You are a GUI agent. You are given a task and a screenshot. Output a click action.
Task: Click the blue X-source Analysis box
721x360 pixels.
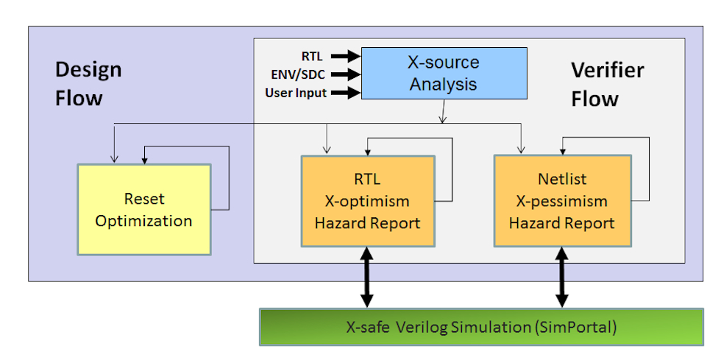pyautogui.click(x=443, y=73)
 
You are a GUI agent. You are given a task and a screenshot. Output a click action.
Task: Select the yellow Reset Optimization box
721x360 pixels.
pyautogui.click(x=143, y=209)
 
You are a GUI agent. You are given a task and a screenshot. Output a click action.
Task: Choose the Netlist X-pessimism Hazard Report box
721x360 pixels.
pyautogui.click(x=562, y=201)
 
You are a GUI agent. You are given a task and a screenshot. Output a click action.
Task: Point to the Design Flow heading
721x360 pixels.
pyautogui.click(x=88, y=84)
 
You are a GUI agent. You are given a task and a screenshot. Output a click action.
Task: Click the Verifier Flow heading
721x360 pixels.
pyautogui.click(x=607, y=84)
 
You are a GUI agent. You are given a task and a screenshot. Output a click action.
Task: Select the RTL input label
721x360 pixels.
pyautogui.click(x=312, y=55)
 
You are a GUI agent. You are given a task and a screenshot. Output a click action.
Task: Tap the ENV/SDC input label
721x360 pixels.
pyautogui.click(x=298, y=74)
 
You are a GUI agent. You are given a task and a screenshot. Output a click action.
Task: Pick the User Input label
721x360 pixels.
pyautogui.click(x=296, y=93)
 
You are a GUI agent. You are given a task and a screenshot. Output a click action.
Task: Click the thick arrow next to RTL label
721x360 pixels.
pyautogui.click(x=345, y=55)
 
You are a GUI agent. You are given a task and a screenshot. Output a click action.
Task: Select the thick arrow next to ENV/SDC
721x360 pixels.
pyautogui.click(x=345, y=74)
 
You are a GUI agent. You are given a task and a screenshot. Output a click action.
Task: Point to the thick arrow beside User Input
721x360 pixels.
pyautogui.click(x=345, y=93)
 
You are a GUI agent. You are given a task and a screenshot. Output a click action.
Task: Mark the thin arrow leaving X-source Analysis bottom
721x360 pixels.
pyautogui.click(x=443, y=111)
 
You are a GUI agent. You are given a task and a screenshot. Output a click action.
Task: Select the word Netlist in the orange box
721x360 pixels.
pyautogui.click(x=562, y=179)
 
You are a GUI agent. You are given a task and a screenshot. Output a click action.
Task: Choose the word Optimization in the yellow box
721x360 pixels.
pyautogui.click(x=143, y=220)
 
